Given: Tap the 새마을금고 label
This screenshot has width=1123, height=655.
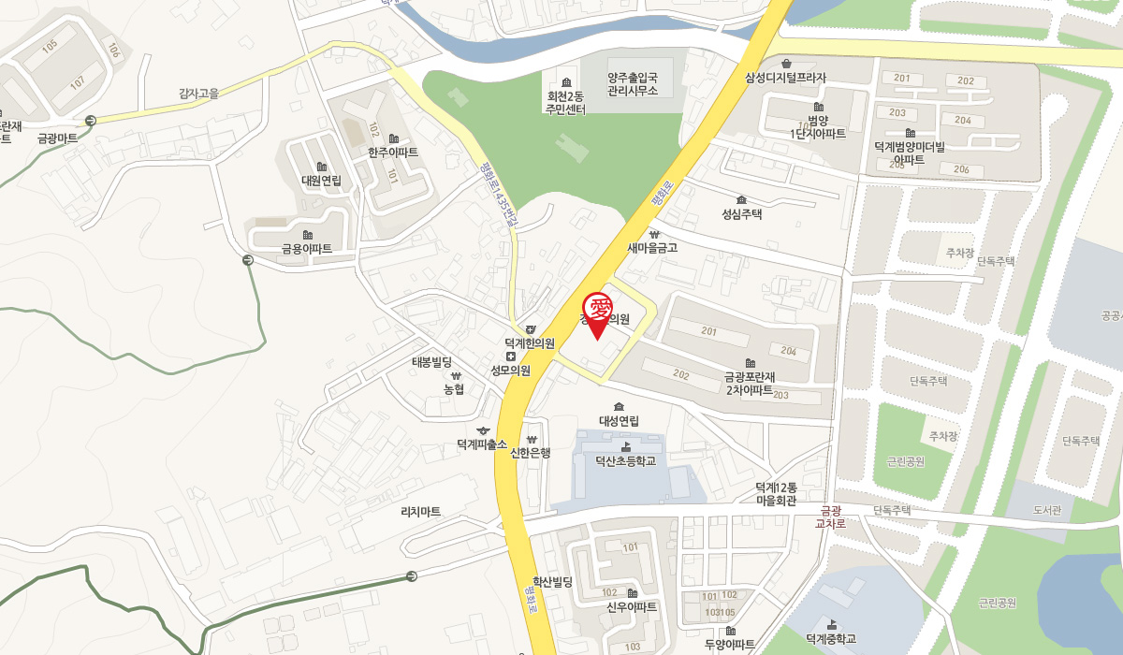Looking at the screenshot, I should [x=652, y=248].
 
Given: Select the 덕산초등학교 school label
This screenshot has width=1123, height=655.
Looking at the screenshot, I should [x=626, y=460].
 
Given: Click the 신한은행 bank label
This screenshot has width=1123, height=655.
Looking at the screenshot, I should [x=531, y=453].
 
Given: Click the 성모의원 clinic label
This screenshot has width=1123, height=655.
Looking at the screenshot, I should [x=511, y=370].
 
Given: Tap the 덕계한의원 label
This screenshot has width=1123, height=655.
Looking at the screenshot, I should [x=530, y=343].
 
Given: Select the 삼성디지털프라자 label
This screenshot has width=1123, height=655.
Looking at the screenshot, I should [x=786, y=78].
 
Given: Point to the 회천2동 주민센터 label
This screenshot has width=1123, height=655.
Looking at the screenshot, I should [x=565, y=102].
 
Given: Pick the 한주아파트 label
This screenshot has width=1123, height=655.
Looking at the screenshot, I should [x=393, y=152].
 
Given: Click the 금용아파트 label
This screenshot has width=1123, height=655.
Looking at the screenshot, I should [x=307, y=249].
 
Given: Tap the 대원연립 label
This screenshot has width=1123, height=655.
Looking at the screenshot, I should [x=321, y=181].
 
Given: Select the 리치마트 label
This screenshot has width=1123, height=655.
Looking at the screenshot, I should [x=420, y=512].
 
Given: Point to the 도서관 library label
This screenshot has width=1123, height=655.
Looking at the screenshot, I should [x=1047, y=511].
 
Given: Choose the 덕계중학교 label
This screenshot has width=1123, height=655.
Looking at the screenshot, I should [x=831, y=639].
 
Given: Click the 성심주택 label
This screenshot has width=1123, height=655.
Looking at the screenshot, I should [x=742, y=213].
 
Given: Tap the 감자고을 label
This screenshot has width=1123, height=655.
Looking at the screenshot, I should [x=198, y=93].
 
